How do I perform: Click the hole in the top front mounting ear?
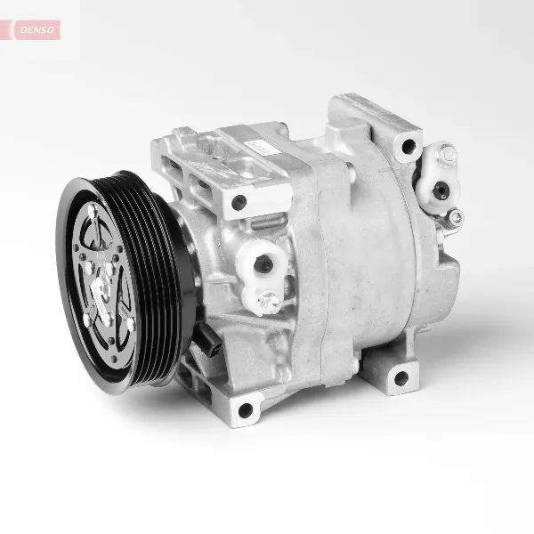tap(239, 202)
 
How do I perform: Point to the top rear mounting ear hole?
tap(408, 147)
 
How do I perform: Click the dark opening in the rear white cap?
tap(440, 187)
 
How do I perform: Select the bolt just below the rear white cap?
tap(456, 216)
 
